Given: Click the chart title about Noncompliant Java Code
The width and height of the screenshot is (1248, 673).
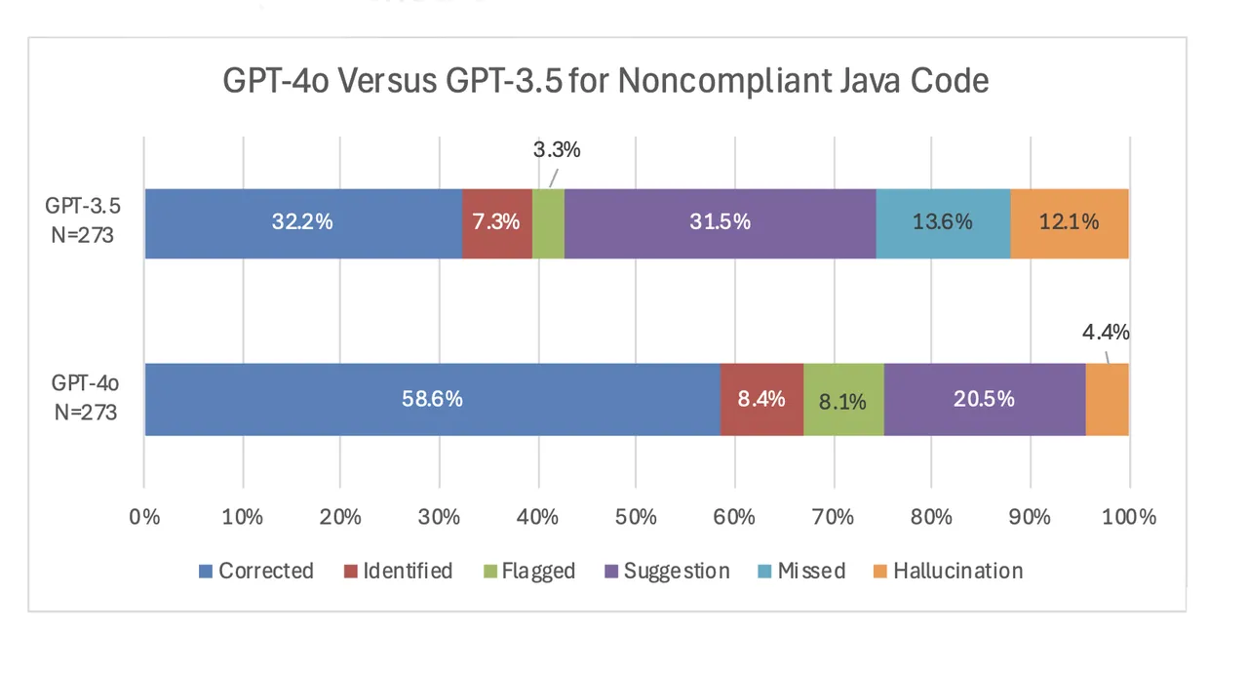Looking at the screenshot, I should click(x=605, y=80).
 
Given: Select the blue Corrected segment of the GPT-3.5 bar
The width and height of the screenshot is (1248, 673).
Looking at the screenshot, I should click(x=302, y=223).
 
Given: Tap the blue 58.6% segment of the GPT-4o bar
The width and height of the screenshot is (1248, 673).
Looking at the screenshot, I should click(x=432, y=399).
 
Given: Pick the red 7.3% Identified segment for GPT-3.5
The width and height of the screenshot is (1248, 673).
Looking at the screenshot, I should click(x=496, y=223).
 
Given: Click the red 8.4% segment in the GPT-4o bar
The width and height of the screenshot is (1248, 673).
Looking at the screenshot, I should click(x=761, y=399).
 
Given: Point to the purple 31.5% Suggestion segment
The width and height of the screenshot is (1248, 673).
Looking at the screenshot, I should click(x=720, y=223).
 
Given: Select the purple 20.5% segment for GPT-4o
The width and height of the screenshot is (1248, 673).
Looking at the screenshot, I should click(x=985, y=399).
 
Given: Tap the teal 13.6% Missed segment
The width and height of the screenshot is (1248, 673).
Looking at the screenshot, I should click(x=943, y=223).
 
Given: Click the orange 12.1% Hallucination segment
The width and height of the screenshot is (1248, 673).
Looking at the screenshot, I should click(x=1070, y=223).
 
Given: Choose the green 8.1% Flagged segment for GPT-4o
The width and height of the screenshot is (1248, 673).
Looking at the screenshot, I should click(x=843, y=399).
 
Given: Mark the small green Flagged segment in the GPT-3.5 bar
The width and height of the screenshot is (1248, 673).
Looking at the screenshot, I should click(x=548, y=223).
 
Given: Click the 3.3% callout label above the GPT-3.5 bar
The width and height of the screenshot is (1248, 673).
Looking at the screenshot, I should click(x=557, y=150).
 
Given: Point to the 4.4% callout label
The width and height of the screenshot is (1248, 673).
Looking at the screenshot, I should click(x=1106, y=332).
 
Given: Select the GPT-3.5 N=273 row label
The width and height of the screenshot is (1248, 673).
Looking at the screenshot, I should click(x=82, y=222).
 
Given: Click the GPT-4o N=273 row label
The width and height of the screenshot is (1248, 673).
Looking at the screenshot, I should click(x=85, y=398).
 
